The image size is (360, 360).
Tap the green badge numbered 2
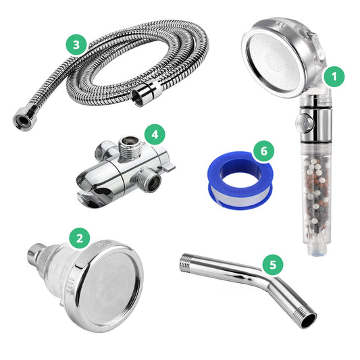80,237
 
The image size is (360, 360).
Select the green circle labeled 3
76,45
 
